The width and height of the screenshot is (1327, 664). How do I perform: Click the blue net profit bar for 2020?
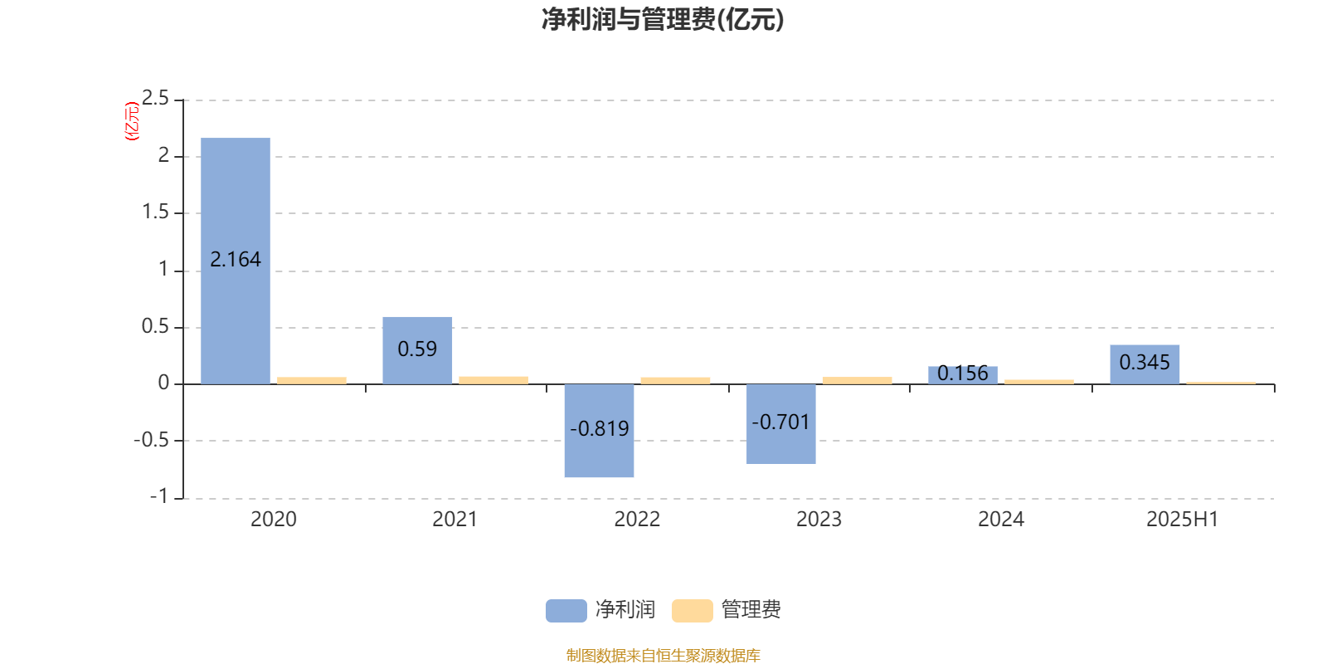[x=236, y=261]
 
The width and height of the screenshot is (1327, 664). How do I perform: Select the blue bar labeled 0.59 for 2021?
[x=417, y=350]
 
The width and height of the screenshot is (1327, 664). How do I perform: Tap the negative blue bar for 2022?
[x=599, y=431]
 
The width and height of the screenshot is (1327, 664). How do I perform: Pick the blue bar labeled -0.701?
[x=780, y=424]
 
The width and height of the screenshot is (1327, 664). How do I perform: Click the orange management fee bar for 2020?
[x=312, y=381]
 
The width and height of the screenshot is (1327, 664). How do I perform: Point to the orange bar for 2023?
[x=858, y=381]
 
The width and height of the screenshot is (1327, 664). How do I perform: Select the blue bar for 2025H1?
[x=1145, y=364]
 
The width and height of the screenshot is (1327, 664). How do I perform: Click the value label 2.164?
[x=236, y=260]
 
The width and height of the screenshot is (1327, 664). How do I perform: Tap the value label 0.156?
[x=963, y=373]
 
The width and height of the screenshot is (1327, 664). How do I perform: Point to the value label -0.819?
[x=599, y=428]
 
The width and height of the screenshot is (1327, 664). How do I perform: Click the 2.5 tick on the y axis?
[x=155, y=98]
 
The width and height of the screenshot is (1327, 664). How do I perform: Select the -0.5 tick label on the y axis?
[x=151, y=440]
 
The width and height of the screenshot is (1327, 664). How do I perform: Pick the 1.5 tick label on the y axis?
[x=155, y=212]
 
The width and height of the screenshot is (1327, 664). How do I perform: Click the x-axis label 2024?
[x=1000, y=520]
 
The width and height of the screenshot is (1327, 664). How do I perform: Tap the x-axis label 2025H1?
[x=1183, y=520]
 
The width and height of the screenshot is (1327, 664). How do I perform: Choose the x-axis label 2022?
[x=637, y=520]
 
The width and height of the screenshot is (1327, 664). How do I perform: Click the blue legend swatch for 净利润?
[x=566, y=611]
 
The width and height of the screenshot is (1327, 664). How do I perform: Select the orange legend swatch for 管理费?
[x=692, y=611]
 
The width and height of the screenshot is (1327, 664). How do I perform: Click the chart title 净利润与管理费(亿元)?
[x=663, y=20]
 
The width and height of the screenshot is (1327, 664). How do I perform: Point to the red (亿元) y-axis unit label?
[x=132, y=121]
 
